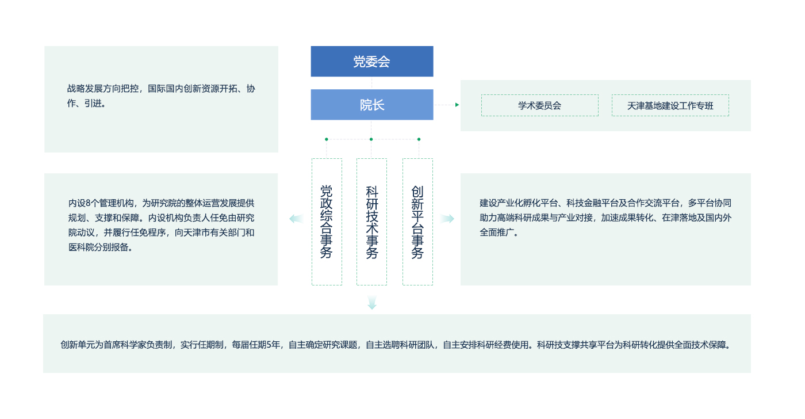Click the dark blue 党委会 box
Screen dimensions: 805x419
(x=372, y=61)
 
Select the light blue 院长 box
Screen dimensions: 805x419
(x=372, y=105)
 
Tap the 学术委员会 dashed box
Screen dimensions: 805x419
(x=540, y=105)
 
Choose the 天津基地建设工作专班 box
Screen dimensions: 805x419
(x=670, y=105)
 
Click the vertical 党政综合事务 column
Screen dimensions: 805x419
(x=327, y=222)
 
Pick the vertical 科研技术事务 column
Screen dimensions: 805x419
(x=371, y=222)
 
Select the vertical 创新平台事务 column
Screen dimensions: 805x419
(x=417, y=222)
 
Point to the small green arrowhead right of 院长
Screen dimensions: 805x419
(x=457, y=105)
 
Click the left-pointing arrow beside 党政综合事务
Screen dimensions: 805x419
(x=297, y=219)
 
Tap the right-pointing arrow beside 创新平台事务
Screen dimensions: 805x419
(x=447, y=219)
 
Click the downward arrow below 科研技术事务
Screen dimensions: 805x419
(x=372, y=303)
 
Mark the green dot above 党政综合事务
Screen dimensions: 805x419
(x=327, y=139)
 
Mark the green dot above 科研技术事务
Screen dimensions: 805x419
(x=371, y=139)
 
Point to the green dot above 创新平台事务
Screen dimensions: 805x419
(x=419, y=139)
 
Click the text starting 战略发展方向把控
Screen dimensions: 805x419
(x=161, y=96)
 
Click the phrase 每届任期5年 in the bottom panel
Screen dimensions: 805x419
(x=256, y=345)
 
